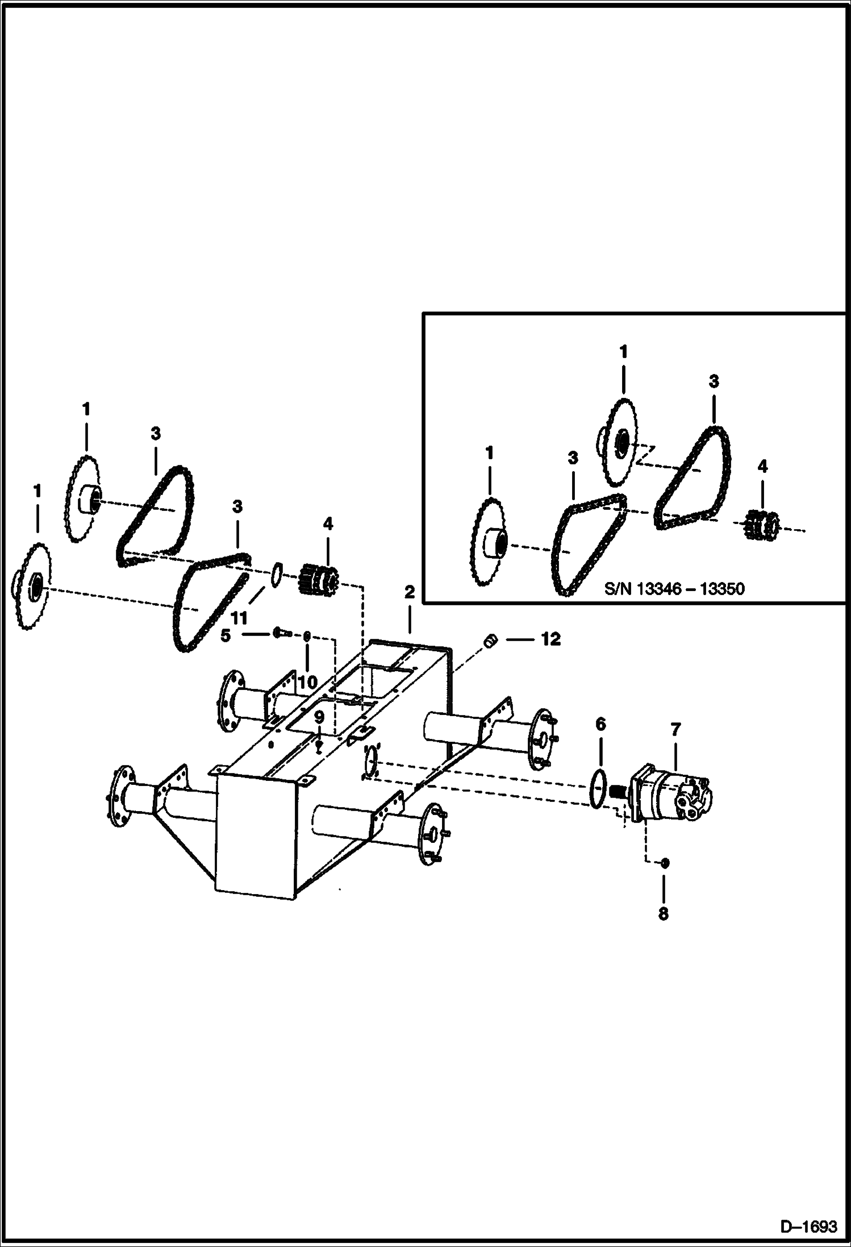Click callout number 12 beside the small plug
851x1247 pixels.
pos(550,639)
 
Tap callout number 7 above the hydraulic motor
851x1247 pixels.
pos(675,730)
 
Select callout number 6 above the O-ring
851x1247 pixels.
pos(600,724)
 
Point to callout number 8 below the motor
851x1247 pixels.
pos(663,915)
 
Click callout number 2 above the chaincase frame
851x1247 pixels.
pos(410,593)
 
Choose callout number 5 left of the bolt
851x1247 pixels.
pos(226,635)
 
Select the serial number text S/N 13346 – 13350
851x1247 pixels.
pos(674,588)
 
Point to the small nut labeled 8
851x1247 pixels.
pos(665,879)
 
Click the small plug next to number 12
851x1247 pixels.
pos(490,641)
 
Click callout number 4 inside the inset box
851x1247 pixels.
pos(762,466)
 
